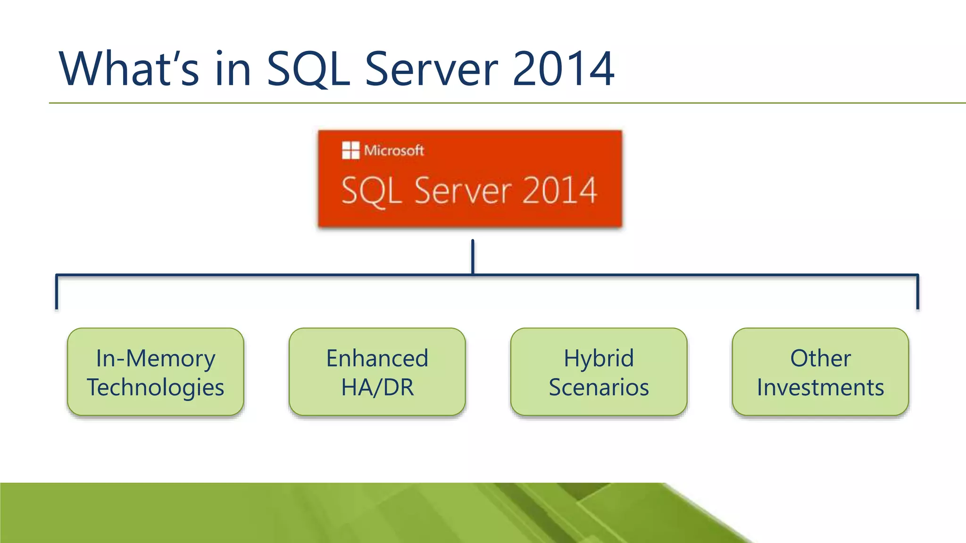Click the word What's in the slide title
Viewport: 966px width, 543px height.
tap(128, 69)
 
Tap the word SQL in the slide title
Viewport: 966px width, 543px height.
tap(308, 69)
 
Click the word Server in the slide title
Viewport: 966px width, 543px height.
tap(431, 69)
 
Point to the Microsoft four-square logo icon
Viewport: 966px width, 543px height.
tap(350, 150)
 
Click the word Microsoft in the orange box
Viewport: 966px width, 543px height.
tap(394, 151)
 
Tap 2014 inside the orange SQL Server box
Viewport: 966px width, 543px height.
tap(559, 190)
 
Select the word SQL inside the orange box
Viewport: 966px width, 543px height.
tap(371, 191)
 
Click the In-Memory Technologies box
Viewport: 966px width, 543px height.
tap(156, 372)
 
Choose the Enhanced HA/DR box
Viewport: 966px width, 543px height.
tap(377, 372)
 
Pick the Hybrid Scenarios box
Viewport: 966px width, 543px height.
tap(599, 372)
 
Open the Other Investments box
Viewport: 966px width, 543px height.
tap(820, 372)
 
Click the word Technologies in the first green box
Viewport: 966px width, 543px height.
tap(156, 387)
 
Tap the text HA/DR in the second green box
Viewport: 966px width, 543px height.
tap(377, 387)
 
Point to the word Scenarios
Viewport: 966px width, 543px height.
tap(599, 387)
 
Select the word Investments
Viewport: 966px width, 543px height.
tap(820, 387)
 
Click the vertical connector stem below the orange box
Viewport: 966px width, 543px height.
tap(473, 257)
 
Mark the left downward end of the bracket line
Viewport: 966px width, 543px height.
tap(57, 302)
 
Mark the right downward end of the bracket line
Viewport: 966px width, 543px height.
tap(917, 302)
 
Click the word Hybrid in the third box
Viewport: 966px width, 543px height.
tap(599, 358)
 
